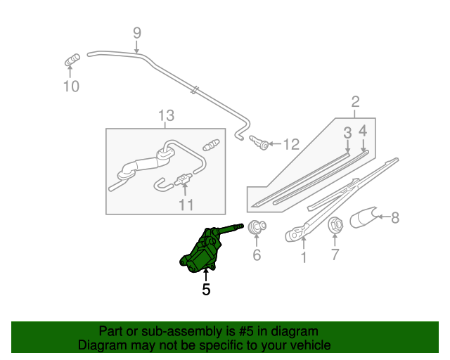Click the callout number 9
(x=137, y=32)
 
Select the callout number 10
(x=71, y=86)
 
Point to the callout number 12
(x=290, y=144)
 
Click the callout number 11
(x=185, y=205)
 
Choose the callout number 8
(x=394, y=218)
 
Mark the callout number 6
(x=257, y=254)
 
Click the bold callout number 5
(x=206, y=288)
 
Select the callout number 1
(x=303, y=258)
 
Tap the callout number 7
(x=335, y=254)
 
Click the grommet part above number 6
(x=257, y=227)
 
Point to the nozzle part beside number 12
(x=262, y=143)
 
